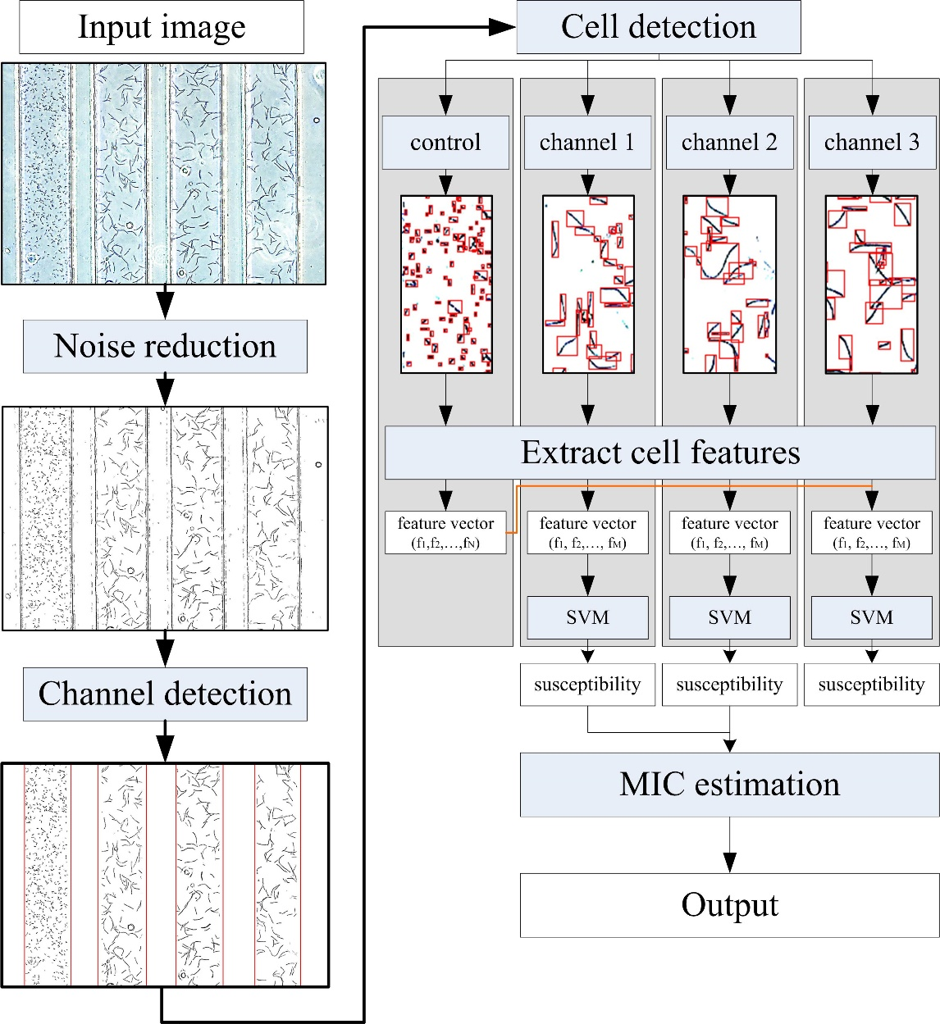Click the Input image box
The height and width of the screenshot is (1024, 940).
click(161, 27)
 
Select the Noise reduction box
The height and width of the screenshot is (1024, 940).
click(165, 346)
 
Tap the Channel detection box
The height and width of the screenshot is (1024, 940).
click(165, 694)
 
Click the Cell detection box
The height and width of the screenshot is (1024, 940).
click(658, 27)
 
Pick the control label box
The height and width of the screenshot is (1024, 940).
click(445, 143)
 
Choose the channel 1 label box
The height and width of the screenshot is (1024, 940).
click(587, 143)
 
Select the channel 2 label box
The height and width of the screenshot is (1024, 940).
click(729, 143)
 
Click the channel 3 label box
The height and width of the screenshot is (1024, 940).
click(871, 143)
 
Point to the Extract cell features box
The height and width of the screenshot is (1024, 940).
click(660, 453)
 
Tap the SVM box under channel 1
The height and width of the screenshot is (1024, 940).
click(587, 617)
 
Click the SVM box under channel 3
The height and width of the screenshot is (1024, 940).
click(871, 617)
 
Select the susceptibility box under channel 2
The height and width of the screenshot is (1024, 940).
click(729, 685)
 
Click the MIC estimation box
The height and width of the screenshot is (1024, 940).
click(729, 785)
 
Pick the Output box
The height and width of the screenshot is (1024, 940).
click(729, 905)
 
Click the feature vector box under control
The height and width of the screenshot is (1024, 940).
click(445, 532)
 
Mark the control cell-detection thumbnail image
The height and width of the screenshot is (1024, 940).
click(446, 284)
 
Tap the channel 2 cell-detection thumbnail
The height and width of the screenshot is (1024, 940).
click(729, 284)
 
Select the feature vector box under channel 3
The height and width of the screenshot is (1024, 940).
click(871, 532)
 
